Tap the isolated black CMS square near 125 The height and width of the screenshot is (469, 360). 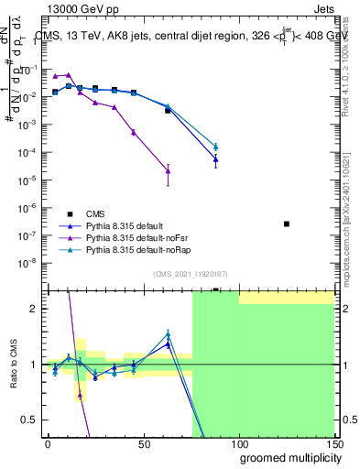(x=287, y=224)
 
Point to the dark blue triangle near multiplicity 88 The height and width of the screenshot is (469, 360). (x=215, y=159)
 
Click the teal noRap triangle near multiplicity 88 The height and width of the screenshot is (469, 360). (x=215, y=147)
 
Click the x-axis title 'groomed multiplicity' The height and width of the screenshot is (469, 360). (x=287, y=457)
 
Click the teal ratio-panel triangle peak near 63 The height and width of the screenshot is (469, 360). (x=168, y=334)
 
